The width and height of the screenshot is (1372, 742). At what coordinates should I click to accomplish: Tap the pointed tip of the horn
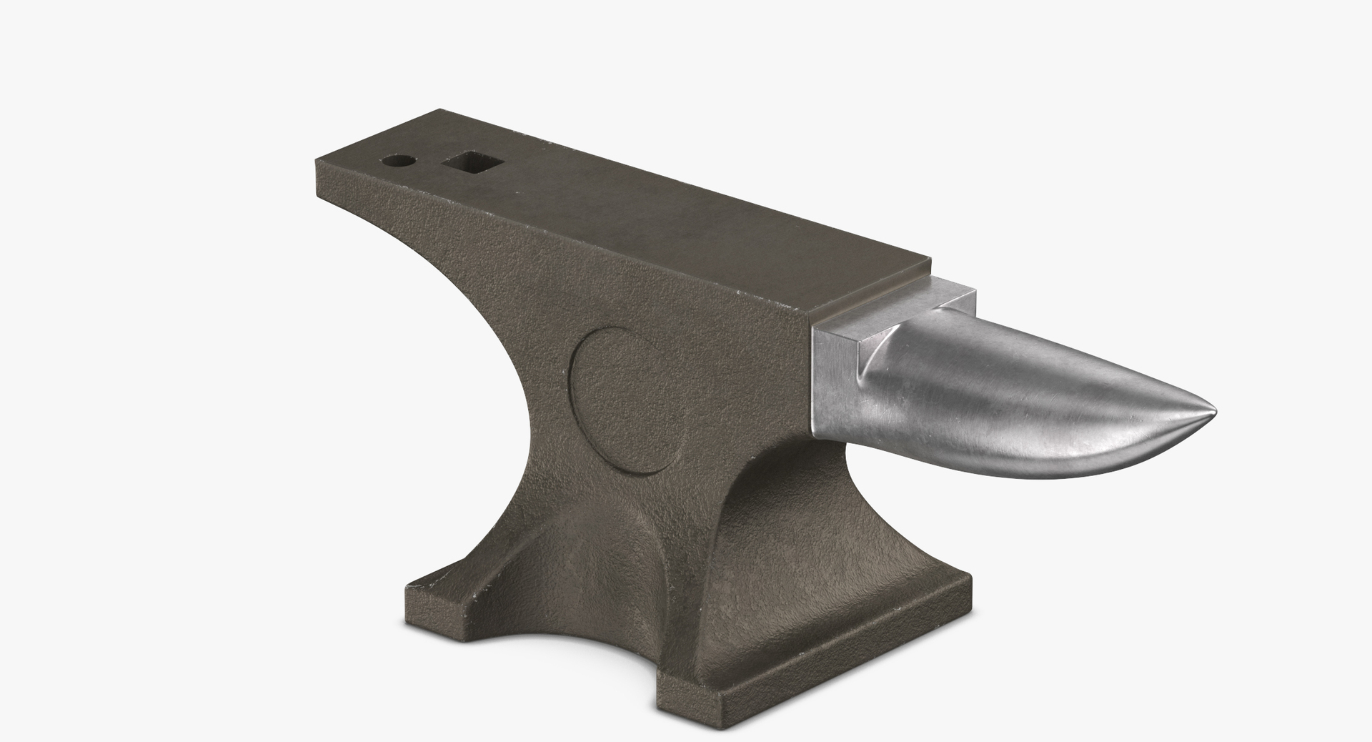[x=1213, y=411]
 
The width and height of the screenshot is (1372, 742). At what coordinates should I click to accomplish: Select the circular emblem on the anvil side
[x=628, y=400]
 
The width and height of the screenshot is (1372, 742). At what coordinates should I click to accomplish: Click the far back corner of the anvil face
[x=441, y=111]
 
